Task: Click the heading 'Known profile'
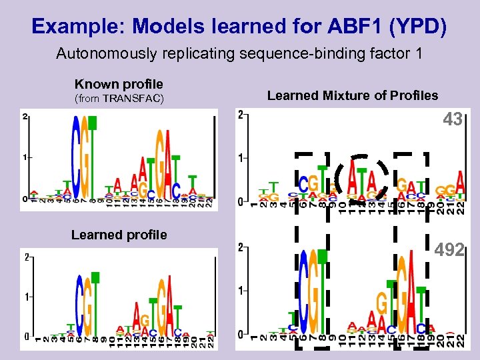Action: pyautogui.click(x=119, y=84)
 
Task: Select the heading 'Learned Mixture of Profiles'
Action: pyautogui.click(x=353, y=95)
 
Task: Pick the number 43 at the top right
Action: pyautogui.click(x=453, y=120)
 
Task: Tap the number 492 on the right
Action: pyautogui.click(x=449, y=250)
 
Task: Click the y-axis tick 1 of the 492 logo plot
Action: pyautogui.click(x=241, y=291)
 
